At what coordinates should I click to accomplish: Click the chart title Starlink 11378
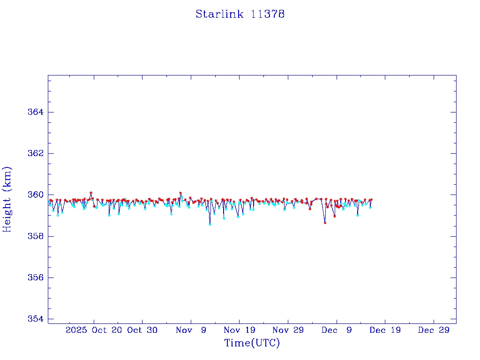click(240, 14)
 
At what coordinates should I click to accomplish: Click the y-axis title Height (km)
click(7, 199)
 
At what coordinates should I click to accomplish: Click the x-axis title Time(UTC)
click(252, 343)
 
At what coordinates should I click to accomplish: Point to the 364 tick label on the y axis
click(35, 112)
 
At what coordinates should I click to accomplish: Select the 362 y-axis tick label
click(35, 154)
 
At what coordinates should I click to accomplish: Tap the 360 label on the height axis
click(35, 195)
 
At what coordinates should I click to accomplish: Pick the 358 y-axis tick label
click(35, 236)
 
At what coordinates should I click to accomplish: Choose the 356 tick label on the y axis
click(35, 277)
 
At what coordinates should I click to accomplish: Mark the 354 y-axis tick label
click(35, 319)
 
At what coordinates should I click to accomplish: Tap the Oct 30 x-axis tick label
click(142, 330)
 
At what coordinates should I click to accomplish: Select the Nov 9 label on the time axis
click(191, 330)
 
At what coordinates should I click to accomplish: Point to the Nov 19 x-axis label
click(240, 330)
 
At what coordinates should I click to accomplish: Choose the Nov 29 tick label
click(288, 330)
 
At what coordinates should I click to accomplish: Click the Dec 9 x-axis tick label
click(337, 330)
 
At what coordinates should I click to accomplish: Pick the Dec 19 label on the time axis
click(385, 330)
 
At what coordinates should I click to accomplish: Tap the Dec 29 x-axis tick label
click(434, 330)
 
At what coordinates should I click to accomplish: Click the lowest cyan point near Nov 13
click(210, 224)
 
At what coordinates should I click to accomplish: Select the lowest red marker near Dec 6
click(325, 223)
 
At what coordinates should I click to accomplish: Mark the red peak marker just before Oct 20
click(91, 193)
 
